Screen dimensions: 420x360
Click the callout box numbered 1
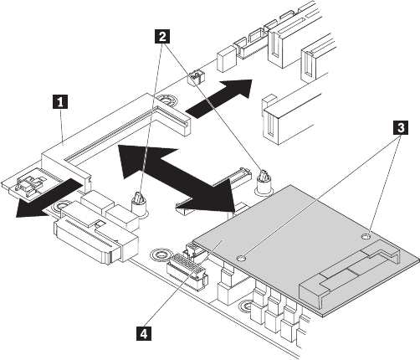60,101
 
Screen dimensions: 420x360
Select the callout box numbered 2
162,37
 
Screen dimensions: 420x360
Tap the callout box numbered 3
401,128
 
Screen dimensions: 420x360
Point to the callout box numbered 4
144,333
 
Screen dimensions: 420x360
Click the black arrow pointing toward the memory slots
219,99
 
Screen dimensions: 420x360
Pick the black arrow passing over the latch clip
49,198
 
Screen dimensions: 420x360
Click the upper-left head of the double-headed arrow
140,162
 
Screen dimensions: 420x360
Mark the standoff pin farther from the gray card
139,203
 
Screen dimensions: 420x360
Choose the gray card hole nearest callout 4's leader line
242,259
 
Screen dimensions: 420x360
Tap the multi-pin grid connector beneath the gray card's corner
187,268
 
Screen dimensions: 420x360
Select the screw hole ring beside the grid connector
160,255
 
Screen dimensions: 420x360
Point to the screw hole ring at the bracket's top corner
166,100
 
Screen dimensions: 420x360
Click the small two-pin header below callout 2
195,77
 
